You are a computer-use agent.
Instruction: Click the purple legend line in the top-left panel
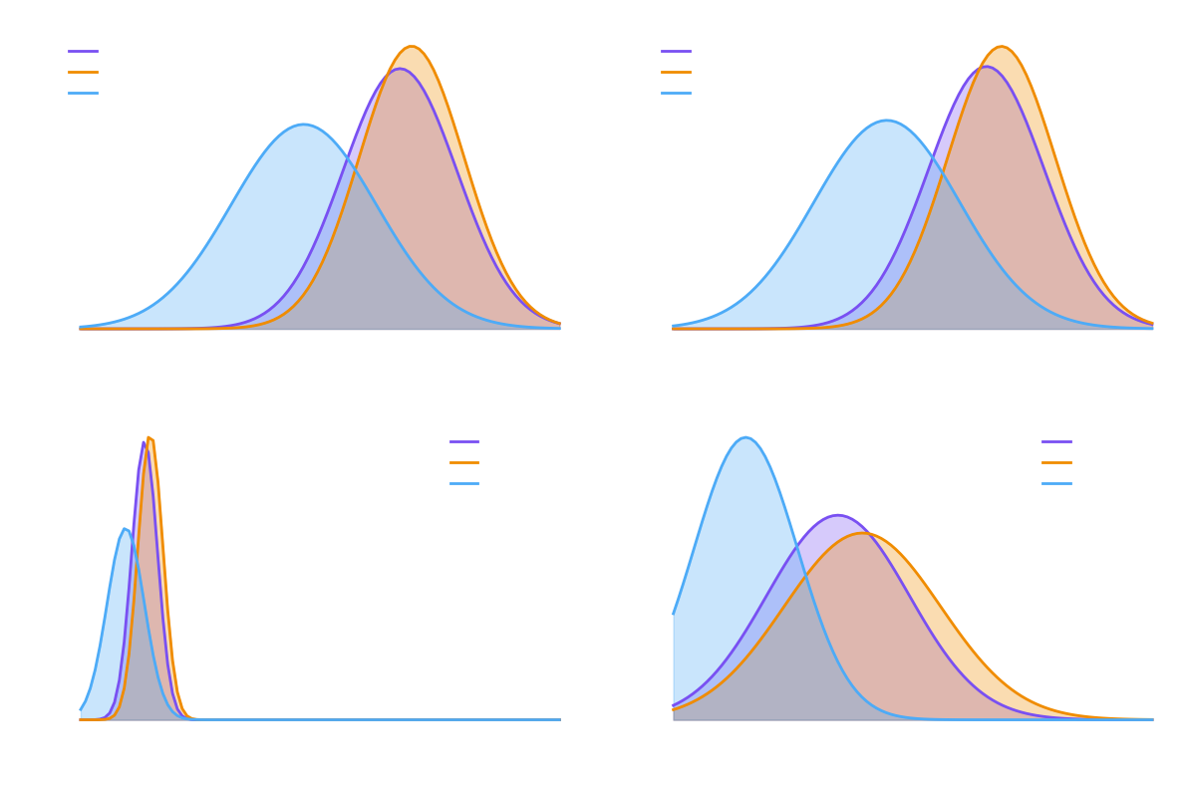click(83, 51)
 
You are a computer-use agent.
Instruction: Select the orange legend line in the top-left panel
click(83, 72)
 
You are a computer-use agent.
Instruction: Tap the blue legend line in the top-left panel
click(83, 93)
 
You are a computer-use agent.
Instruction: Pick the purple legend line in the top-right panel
click(676, 51)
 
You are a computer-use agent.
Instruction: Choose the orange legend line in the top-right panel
click(676, 72)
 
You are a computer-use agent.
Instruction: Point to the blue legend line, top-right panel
click(676, 93)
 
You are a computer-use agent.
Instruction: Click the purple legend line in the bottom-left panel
click(464, 441)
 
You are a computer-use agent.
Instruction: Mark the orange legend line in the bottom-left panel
click(464, 462)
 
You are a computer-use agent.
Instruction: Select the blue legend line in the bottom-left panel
click(464, 483)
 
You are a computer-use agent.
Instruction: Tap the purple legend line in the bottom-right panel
click(1056, 441)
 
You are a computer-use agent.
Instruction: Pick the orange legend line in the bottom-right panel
click(1056, 462)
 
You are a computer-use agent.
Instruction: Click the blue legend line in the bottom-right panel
click(1056, 483)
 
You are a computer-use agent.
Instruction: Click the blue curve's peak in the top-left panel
click(303, 124)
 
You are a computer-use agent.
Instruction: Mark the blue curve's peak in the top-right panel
click(887, 120)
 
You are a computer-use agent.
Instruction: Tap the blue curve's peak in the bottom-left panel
click(126, 528)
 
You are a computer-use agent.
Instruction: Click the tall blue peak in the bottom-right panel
click(745, 436)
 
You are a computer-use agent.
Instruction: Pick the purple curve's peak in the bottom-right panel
click(837, 514)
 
